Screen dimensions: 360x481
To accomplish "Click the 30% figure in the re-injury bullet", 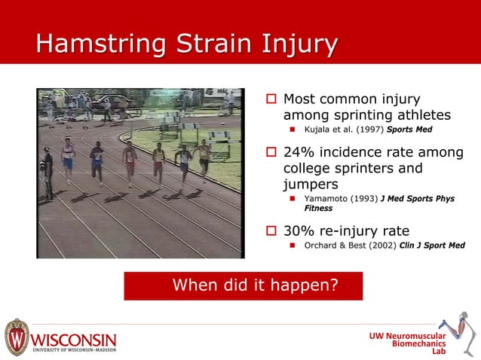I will tap(299, 230).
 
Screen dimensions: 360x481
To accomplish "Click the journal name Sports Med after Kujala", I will tap(409, 129).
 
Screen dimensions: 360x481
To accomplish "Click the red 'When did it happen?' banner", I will tap(243, 285).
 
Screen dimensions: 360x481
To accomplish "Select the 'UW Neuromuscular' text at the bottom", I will tap(406, 335).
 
